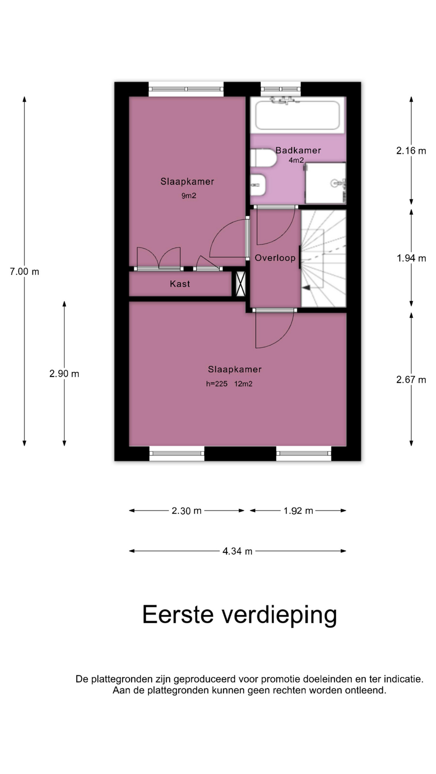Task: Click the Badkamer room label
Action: [x=298, y=150]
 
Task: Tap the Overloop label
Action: [x=275, y=258]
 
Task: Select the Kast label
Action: [x=180, y=284]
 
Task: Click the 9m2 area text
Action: [x=189, y=196]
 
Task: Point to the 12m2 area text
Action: [x=243, y=384]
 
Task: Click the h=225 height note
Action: [x=217, y=384]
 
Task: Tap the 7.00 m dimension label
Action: [x=25, y=272]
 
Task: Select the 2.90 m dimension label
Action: [x=64, y=374]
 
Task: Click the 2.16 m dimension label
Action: [x=411, y=151]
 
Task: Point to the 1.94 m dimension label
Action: [x=411, y=258]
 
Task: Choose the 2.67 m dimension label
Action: [x=411, y=380]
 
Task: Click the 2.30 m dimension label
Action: [x=187, y=511]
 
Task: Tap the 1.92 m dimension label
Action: [x=298, y=511]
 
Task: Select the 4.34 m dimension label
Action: [x=237, y=551]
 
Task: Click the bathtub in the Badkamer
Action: [x=298, y=115]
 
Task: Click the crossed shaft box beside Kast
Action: [x=241, y=284]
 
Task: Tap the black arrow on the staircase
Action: [x=306, y=287]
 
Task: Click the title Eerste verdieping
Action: [x=239, y=615]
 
